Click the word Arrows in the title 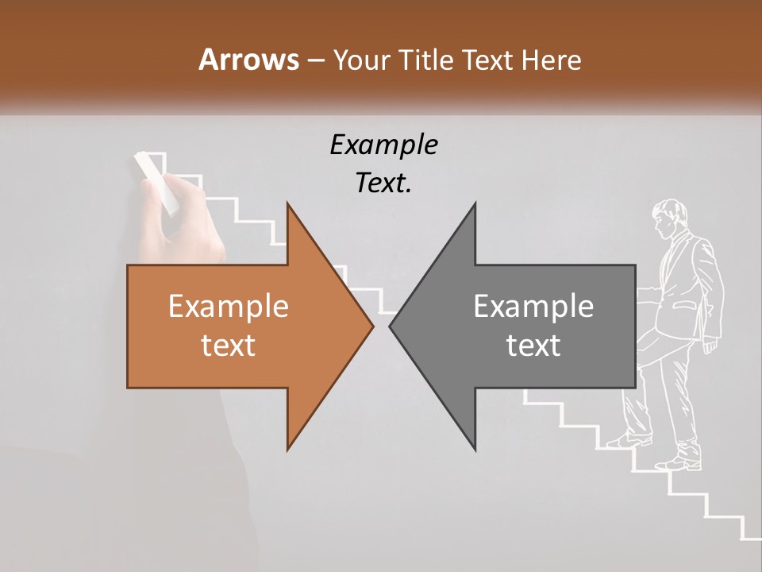coord(248,60)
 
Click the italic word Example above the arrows coord(383,145)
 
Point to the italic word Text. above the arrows coord(383,183)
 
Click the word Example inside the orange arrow coord(228,307)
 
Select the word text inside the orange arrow coord(228,345)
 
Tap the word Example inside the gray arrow coord(533,307)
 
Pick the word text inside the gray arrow coord(533,345)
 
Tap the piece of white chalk coord(156,181)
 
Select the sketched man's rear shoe coord(681,461)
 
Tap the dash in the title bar coord(315,60)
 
